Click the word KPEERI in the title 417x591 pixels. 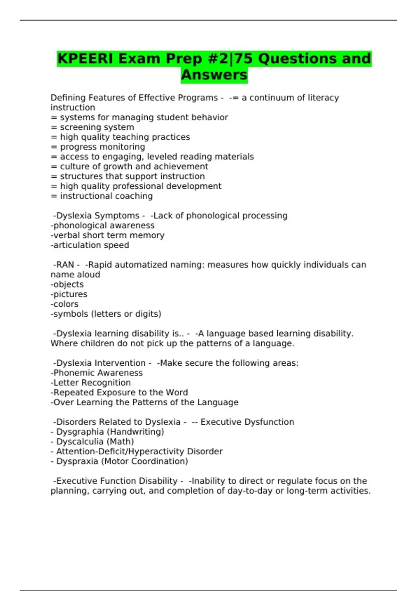[x=85, y=59]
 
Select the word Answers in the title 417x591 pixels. [x=214, y=75]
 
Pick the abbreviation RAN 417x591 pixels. [x=65, y=265]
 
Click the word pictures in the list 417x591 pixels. [x=70, y=294]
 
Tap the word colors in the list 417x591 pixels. [x=66, y=304]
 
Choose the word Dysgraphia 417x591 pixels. [x=80, y=432]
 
